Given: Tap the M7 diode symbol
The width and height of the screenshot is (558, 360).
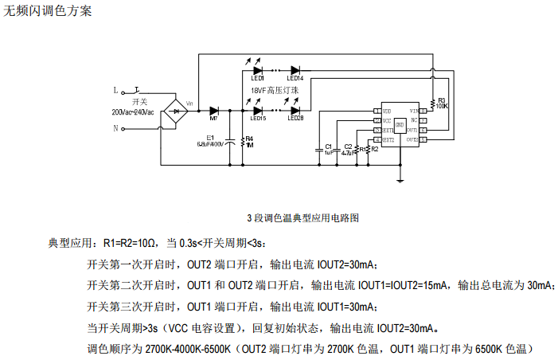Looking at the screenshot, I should (x=213, y=112).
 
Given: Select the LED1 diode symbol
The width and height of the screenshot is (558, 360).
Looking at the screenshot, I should (x=257, y=71).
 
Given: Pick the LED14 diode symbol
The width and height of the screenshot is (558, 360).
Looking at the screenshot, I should (x=295, y=71).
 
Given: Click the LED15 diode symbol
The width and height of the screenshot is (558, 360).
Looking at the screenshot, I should (x=257, y=111).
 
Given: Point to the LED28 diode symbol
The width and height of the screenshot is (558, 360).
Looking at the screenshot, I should (x=295, y=111).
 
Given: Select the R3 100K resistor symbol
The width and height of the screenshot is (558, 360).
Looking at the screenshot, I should (x=432, y=103).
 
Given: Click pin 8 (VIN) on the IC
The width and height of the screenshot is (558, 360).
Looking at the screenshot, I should (x=423, y=111).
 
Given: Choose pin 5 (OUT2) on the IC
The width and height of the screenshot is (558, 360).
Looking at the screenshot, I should (x=423, y=139).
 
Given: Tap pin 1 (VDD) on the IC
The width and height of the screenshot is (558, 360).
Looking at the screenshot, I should (x=377, y=111).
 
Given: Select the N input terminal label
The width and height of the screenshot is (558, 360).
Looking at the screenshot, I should (x=115, y=127).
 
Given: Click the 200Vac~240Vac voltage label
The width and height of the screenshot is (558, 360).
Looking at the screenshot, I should (x=138, y=113).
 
